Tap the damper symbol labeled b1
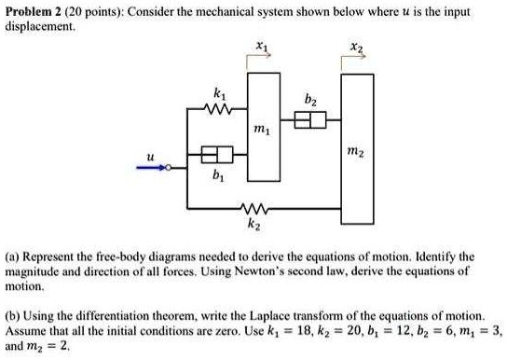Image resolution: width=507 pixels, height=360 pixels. [x=216, y=154]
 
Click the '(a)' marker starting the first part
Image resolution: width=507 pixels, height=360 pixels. [x=14, y=255]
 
